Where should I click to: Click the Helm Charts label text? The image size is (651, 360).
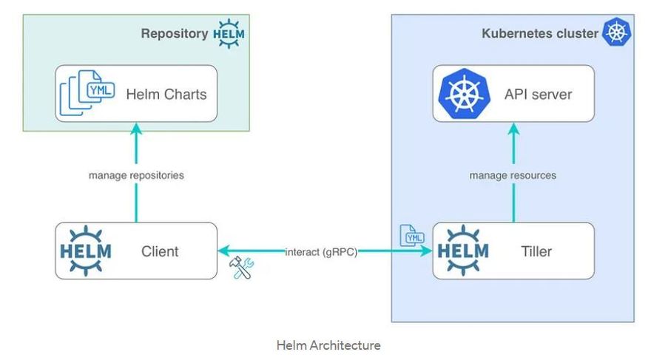pyautogui.click(x=166, y=94)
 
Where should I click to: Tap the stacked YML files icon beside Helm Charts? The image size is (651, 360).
pyautogui.click(x=87, y=92)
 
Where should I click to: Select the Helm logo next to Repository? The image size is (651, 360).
pyautogui.click(x=229, y=33)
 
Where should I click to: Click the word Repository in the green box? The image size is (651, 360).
pyautogui.click(x=175, y=33)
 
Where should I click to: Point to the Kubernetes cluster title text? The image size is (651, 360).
pyautogui.click(x=540, y=33)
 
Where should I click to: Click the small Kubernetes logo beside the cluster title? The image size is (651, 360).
pyautogui.click(x=617, y=32)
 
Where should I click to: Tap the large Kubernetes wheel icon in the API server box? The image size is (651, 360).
pyautogui.click(x=464, y=94)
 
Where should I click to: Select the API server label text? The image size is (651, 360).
pyautogui.click(x=538, y=94)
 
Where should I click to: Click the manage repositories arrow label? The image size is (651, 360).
pyautogui.click(x=136, y=175)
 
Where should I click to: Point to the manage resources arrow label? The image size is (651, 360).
pyautogui.click(x=513, y=175)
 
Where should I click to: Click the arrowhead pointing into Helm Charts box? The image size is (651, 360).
pyautogui.click(x=136, y=129)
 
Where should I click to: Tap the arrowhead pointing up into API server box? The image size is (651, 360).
pyautogui.click(x=513, y=129)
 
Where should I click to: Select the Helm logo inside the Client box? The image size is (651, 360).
pyautogui.click(x=86, y=251)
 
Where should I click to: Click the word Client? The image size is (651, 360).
pyautogui.click(x=160, y=251)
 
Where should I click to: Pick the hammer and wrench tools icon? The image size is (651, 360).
pyautogui.click(x=241, y=268)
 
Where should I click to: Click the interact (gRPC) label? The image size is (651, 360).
pyautogui.click(x=321, y=252)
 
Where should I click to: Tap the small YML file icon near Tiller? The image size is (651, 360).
pyautogui.click(x=411, y=236)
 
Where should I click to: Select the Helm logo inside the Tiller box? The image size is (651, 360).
pyautogui.click(x=463, y=251)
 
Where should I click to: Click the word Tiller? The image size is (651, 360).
pyautogui.click(x=536, y=251)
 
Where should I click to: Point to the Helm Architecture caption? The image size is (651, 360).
pyautogui.click(x=328, y=345)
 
